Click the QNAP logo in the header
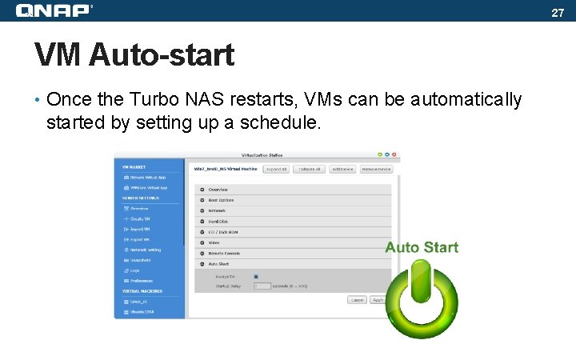[x=53, y=10]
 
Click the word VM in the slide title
[x=58, y=55]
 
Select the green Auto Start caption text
[x=422, y=247]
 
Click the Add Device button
[x=342, y=170]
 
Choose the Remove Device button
[x=375, y=170]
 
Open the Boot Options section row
[x=222, y=200]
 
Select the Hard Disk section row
[x=218, y=221]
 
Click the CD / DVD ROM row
[x=223, y=232]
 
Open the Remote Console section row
[x=224, y=253]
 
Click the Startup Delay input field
[x=262, y=286]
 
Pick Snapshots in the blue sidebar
[x=140, y=260]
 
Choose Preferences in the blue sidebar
[x=141, y=281]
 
